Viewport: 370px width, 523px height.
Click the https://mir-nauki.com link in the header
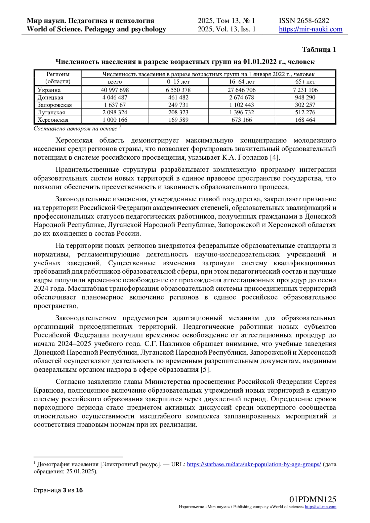click(310, 29)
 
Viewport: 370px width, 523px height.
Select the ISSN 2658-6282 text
click(304, 21)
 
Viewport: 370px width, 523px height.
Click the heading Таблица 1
click(319, 50)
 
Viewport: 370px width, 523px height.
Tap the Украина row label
click(49, 90)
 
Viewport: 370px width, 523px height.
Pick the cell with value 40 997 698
click(115, 90)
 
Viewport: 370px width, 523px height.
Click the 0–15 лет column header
click(178, 82)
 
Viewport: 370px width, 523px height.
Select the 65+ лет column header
click(305, 82)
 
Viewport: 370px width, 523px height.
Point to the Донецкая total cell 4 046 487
click(115, 97)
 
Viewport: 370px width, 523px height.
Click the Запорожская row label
click(55, 105)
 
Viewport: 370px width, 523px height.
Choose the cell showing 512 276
click(305, 112)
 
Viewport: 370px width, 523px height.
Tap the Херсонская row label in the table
click(53, 120)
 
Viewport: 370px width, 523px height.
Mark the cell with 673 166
click(242, 120)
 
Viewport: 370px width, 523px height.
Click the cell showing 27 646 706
click(242, 90)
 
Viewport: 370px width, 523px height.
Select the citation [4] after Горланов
click(275, 157)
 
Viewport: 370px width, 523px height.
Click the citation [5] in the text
click(205, 370)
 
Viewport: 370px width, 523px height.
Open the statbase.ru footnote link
click(254, 464)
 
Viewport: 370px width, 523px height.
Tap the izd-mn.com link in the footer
click(321, 507)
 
